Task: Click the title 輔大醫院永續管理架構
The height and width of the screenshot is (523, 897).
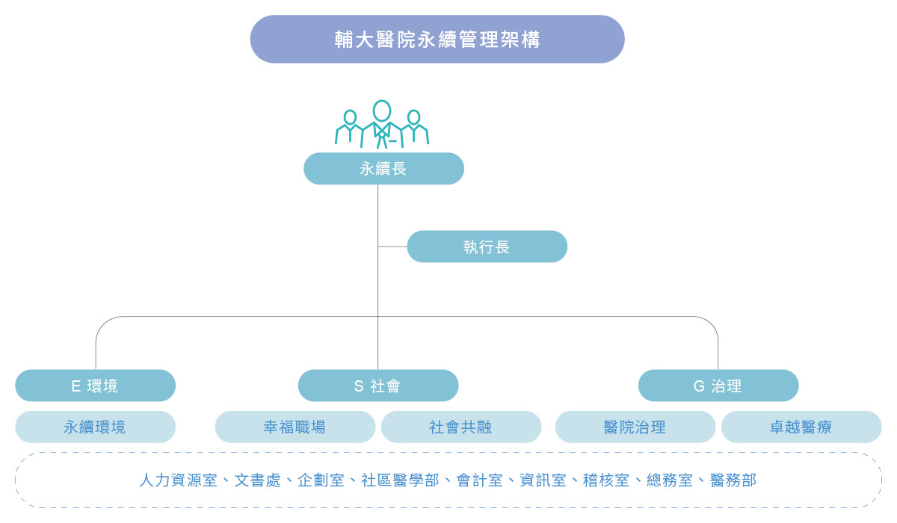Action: point(437,39)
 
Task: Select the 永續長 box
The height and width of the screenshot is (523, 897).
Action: point(383,168)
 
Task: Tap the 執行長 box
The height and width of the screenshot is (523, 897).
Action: point(487,247)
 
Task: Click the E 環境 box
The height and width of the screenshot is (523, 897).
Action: point(96,386)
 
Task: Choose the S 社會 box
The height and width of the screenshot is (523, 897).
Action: point(378,386)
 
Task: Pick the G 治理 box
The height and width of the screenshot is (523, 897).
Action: point(718,386)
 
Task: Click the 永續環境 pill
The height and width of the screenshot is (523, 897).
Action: point(96,427)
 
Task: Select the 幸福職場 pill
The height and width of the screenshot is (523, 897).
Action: point(295,427)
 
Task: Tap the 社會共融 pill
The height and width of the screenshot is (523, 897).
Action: point(461,427)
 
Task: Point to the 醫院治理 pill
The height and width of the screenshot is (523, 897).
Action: point(635,427)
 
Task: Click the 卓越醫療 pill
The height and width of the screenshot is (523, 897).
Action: point(801,427)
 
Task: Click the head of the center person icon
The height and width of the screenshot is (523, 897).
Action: point(382,111)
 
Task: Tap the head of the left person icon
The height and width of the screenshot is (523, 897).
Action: point(350,117)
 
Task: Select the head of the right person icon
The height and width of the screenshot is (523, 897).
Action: point(413,117)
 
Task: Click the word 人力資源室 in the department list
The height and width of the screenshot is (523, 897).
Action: point(178,480)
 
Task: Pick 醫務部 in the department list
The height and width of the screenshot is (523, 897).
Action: point(733,480)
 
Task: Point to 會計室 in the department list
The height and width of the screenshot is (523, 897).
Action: point(479,480)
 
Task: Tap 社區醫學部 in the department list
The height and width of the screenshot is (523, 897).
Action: point(400,480)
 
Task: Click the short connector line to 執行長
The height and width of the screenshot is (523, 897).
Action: point(392,247)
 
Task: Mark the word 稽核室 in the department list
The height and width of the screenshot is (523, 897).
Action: point(606,480)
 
